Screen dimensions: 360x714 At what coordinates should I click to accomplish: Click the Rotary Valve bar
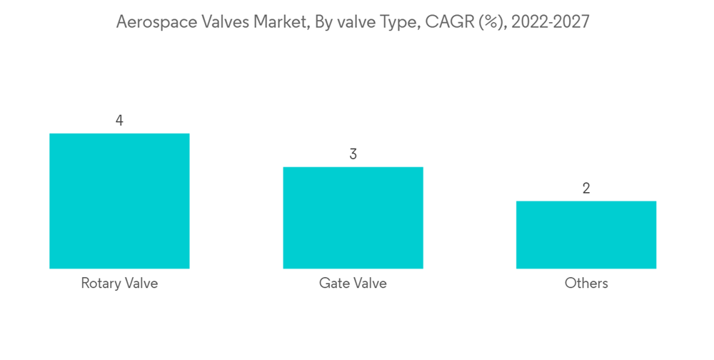point(119,201)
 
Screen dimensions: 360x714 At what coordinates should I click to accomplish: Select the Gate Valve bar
point(353,218)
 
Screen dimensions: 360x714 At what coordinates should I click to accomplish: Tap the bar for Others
point(586,234)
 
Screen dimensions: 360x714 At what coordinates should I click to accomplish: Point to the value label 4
point(119,121)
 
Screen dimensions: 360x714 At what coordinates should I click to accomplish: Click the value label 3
point(353,154)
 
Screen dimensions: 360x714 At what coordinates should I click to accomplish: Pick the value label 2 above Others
point(586,189)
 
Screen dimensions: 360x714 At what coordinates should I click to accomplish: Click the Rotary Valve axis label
point(119,284)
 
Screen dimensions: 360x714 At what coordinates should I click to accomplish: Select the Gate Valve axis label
point(353,284)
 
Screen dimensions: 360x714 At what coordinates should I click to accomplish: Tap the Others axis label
point(586,284)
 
